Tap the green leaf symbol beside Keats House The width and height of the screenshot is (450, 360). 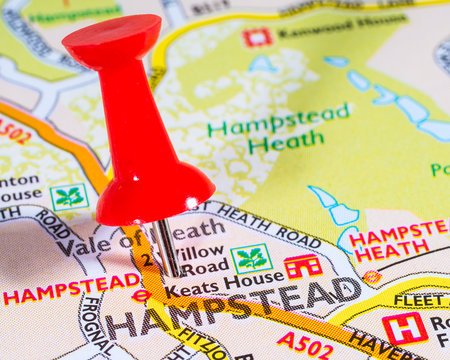click(x=251, y=259)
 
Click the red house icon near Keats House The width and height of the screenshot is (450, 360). click(x=302, y=266)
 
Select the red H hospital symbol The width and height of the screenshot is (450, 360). click(x=405, y=328)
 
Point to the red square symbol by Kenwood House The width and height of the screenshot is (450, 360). click(x=257, y=37)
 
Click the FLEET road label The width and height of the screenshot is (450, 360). click(x=418, y=300)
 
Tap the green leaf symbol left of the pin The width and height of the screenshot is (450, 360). click(x=69, y=196)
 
